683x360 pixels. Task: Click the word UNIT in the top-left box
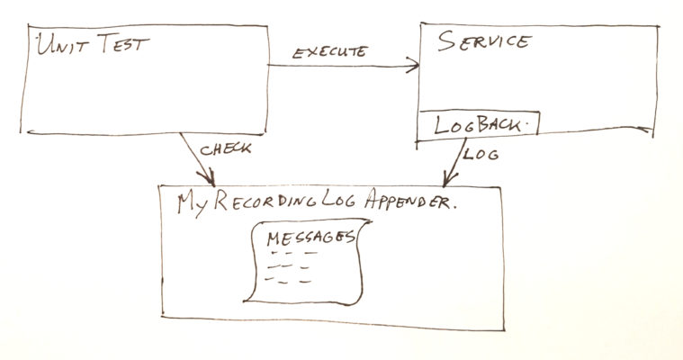click(63, 45)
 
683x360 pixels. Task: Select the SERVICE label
click(484, 41)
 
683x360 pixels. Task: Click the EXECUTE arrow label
click(330, 52)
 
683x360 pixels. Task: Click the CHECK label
click(225, 149)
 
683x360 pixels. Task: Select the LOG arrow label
click(481, 154)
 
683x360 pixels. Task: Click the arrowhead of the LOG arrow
click(449, 179)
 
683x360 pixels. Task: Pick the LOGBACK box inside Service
click(478, 125)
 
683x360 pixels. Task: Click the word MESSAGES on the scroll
click(311, 238)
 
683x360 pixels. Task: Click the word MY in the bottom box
click(193, 203)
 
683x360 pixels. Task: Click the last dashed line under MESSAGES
click(288, 280)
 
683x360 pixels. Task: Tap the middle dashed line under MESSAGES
click(288, 266)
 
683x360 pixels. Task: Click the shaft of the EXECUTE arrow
click(343, 66)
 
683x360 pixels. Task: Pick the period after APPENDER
click(454, 208)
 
